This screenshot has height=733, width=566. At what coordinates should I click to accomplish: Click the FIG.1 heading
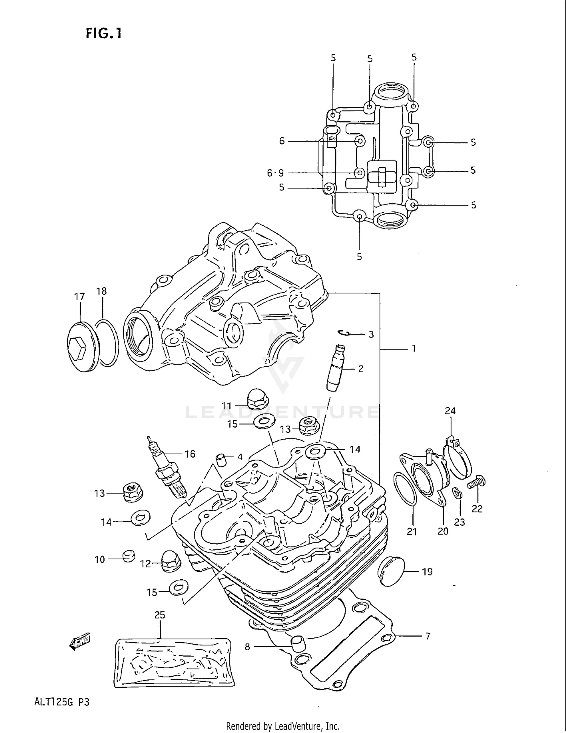click(103, 34)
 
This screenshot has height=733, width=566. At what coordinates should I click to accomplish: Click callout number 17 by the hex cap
click(80, 297)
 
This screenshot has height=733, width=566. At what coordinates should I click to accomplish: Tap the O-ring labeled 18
click(106, 343)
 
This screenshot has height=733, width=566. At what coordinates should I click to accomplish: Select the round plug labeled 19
click(391, 571)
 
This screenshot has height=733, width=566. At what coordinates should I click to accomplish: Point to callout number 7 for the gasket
click(428, 637)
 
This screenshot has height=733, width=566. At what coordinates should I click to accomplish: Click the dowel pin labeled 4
click(221, 461)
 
